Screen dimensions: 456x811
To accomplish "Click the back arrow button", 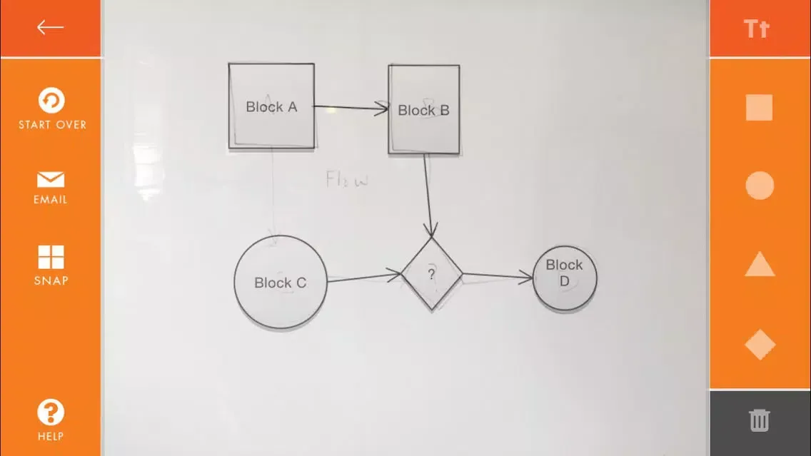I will (x=50, y=27).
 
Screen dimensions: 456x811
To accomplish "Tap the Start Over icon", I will (x=51, y=101).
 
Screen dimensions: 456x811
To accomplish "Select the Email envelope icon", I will (x=51, y=180).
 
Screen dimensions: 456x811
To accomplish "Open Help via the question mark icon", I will (x=51, y=412).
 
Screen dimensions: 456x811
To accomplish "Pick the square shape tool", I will (x=759, y=108).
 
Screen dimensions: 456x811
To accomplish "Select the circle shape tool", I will (x=760, y=186).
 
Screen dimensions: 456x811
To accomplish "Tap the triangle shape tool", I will (x=760, y=265).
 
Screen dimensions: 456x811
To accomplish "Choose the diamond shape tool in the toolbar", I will (x=760, y=345).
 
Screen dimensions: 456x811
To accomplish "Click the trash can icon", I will (x=760, y=420).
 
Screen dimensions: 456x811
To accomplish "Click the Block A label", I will (x=271, y=107).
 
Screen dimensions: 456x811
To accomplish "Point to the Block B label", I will (x=423, y=111).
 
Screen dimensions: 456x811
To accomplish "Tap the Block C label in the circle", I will (x=280, y=283).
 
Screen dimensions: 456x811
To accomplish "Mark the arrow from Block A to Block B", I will (x=351, y=108).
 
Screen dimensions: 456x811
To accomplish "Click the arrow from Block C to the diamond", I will (x=363, y=276).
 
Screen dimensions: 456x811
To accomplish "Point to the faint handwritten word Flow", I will (x=347, y=179).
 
